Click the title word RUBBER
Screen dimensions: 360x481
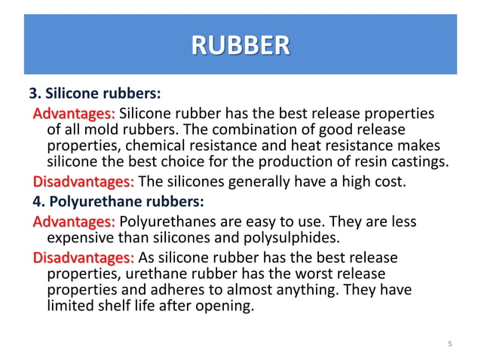point(240,44)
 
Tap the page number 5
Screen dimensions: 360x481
point(449,344)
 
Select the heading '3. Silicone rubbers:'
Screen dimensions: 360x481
point(95,96)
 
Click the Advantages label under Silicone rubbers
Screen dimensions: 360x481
point(74,114)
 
